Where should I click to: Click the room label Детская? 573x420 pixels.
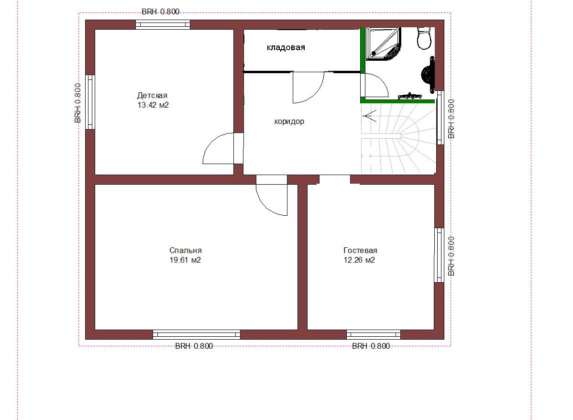click(x=152, y=95)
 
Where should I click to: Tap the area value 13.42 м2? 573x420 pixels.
click(x=153, y=105)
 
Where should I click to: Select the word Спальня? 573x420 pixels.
click(x=185, y=250)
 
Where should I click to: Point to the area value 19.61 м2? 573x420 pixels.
click(x=185, y=260)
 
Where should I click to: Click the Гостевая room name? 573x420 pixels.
click(x=360, y=250)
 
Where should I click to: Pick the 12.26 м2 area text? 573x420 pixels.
click(x=359, y=260)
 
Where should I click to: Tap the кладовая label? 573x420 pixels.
click(x=286, y=47)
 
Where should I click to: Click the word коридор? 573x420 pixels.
click(x=289, y=122)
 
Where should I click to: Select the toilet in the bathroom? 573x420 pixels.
click(x=425, y=38)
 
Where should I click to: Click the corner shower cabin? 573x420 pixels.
click(x=383, y=43)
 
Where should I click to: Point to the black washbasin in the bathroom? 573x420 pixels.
click(x=428, y=74)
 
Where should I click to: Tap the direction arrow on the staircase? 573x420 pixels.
click(x=369, y=116)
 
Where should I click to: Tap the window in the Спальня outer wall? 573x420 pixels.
click(x=197, y=334)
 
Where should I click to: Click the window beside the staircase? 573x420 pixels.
click(x=441, y=118)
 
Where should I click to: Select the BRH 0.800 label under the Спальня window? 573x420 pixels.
click(x=194, y=346)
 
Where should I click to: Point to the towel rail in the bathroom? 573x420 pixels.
click(x=409, y=97)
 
